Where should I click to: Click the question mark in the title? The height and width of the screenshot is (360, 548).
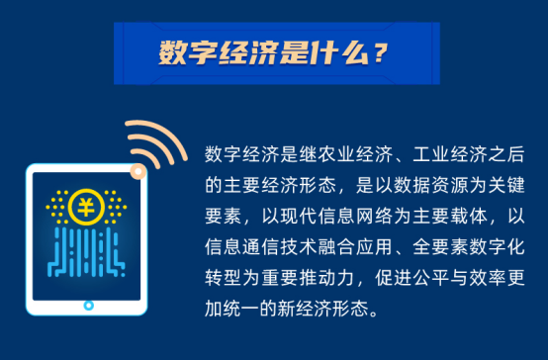(x=380, y=53)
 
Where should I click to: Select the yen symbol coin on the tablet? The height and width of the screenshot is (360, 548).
(x=86, y=207)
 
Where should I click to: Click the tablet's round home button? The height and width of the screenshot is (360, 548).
(x=89, y=306)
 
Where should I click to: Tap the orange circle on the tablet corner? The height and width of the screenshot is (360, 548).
(x=138, y=171)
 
